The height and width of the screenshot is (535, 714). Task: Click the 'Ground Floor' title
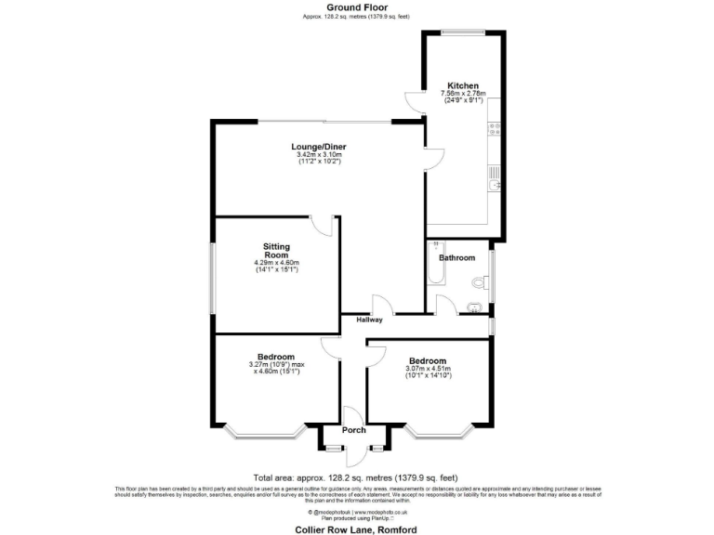click(357, 7)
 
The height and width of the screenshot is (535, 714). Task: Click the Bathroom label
click(457, 257)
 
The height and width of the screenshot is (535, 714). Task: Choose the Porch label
click(353, 430)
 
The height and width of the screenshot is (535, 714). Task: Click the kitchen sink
click(493, 184)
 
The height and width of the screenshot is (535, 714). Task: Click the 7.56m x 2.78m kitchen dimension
click(463, 93)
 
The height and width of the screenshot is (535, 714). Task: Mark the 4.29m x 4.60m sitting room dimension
click(276, 263)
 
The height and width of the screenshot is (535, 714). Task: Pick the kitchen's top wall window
click(462, 33)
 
